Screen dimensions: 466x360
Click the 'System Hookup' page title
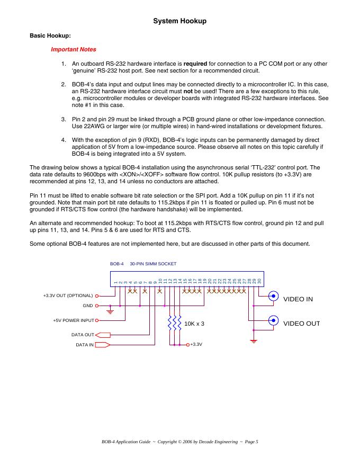click(x=179, y=21)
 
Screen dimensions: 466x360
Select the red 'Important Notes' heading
click(x=73, y=50)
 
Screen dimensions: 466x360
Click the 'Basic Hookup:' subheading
click(x=50, y=36)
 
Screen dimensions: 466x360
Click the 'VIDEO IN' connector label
click(x=298, y=299)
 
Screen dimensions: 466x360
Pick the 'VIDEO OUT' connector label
click(x=301, y=324)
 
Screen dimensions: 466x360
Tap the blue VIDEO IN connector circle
click(x=273, y=296)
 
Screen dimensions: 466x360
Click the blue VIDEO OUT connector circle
click(x=273, y=320)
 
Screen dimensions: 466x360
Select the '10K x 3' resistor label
click(x=194, y=324)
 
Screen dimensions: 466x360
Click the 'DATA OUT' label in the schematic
click(x=83, y=335)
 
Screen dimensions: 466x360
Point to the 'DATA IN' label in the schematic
click(x=85, y=345)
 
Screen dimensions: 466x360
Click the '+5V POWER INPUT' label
click(x=73, y=320)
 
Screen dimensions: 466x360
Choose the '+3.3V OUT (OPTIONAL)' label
click(x=68, y=295)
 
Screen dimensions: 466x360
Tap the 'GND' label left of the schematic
click(x=87, y=306)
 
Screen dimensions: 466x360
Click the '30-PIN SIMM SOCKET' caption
click(x=153, y=263)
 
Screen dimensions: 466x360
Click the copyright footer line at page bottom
click(x=179, y=441)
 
